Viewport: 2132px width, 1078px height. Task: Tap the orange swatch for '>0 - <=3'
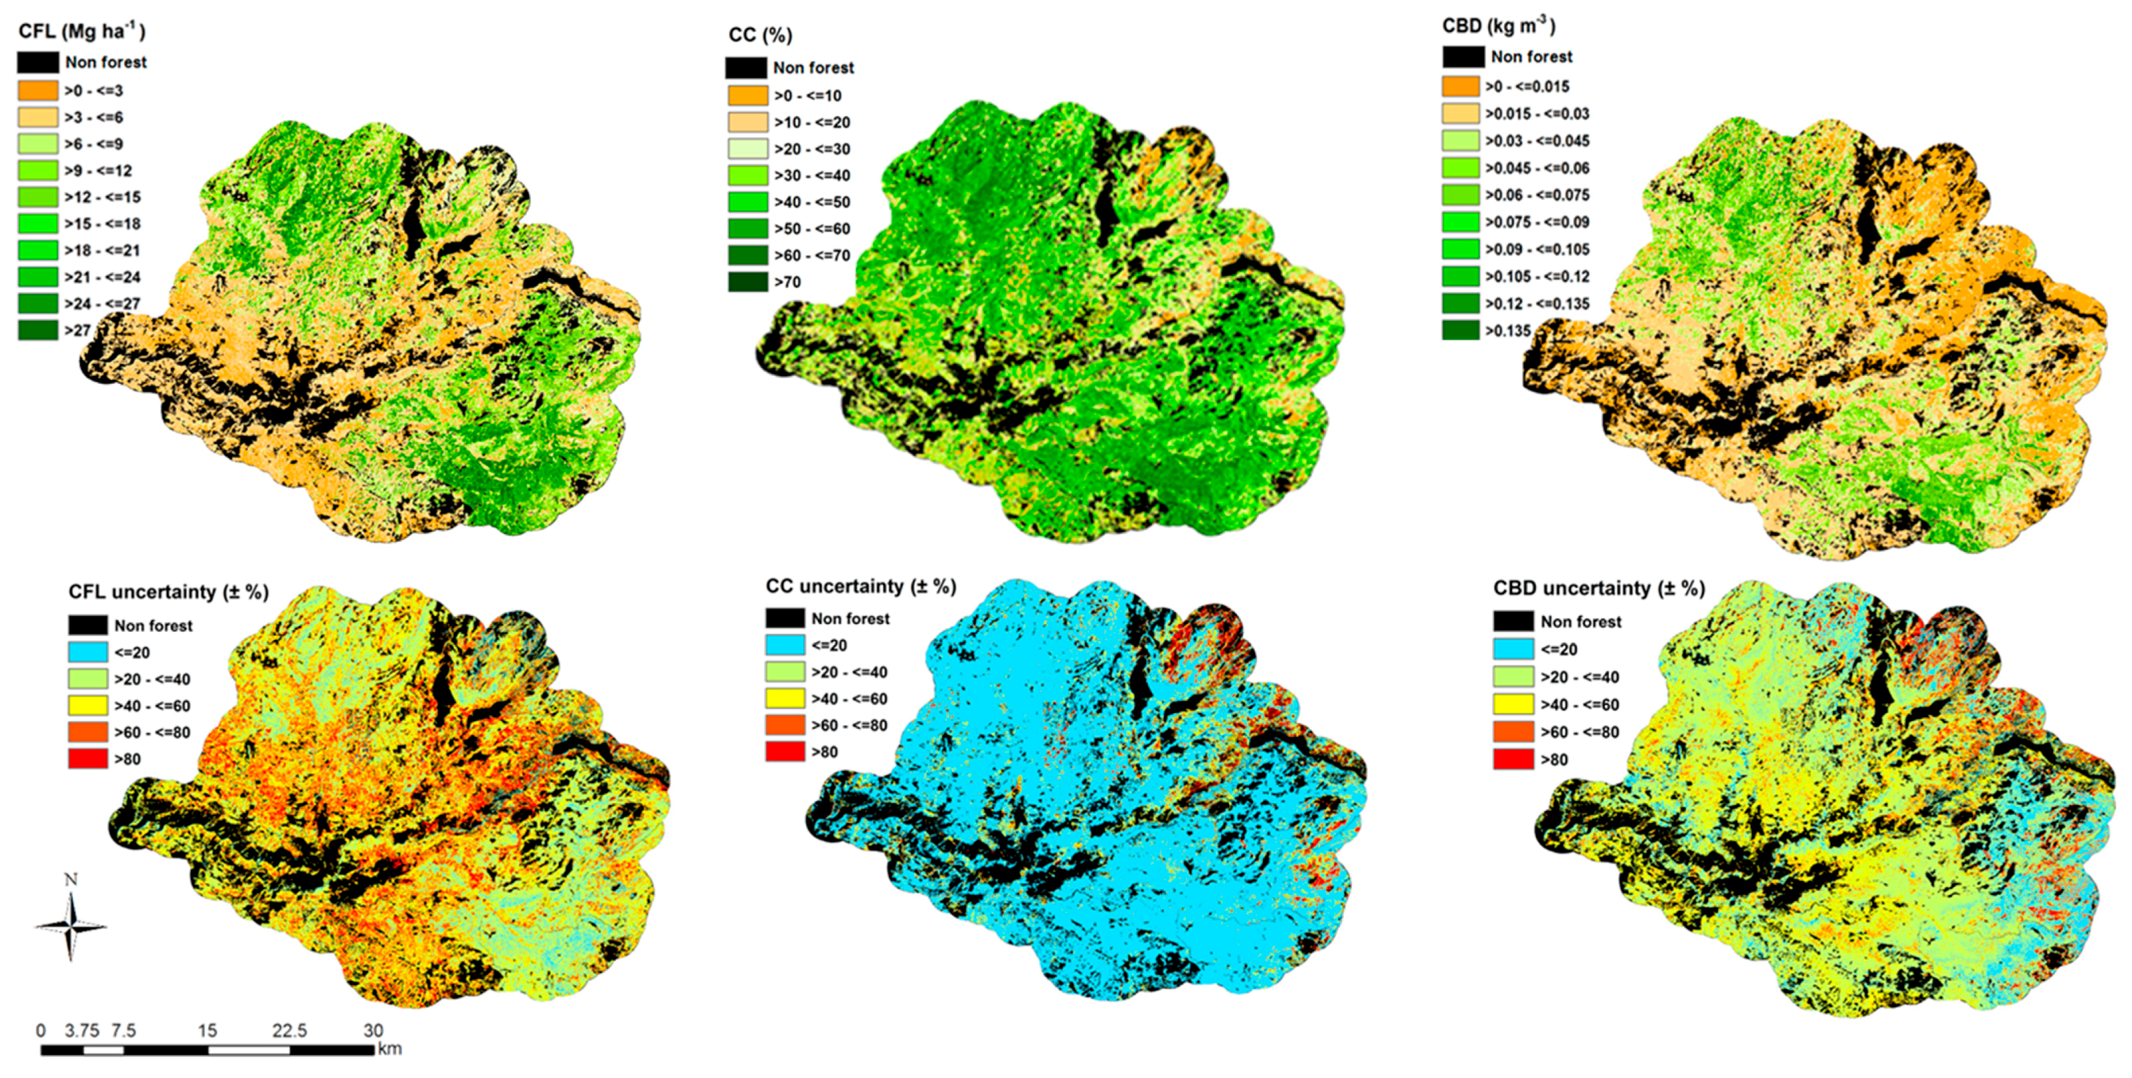[x=38, y=90]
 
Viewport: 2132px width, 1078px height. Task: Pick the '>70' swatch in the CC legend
[x=748, y=282]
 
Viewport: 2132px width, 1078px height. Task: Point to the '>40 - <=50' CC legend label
[x=812, y=202]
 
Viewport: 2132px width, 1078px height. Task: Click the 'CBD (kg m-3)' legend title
[x=1498, y=27]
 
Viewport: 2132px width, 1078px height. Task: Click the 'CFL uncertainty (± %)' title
[x=169, y=592]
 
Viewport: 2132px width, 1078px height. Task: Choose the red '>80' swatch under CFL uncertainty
[x=88, y=759]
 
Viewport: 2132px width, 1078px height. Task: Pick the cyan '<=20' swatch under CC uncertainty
[x=785, y=645]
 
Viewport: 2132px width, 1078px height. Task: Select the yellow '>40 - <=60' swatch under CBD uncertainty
[x=1514, y=704]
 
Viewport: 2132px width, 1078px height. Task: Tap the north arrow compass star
[x=71, y=927]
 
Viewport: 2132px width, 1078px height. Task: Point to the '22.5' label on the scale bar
[x=289, y=1031]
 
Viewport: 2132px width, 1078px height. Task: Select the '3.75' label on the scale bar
[x=82, y=1031]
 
